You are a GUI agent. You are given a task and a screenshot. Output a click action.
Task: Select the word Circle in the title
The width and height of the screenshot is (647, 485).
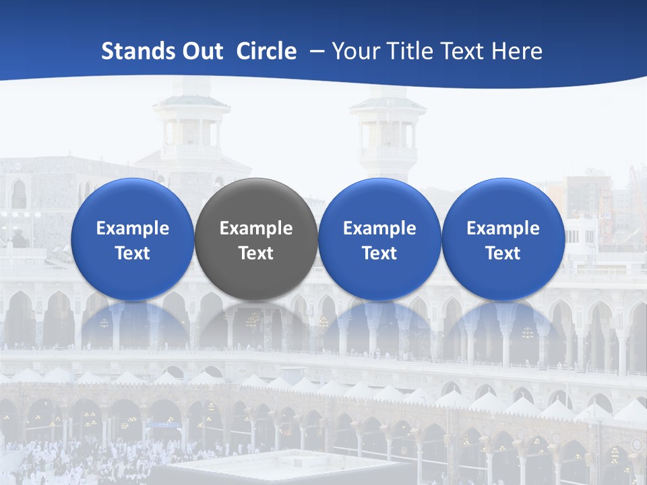266,51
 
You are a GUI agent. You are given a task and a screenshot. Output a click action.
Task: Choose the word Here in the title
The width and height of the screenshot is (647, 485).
518,51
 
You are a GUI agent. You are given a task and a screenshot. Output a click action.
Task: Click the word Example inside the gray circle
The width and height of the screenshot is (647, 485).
256,228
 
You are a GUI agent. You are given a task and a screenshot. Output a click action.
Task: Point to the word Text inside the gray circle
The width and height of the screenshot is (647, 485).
256,253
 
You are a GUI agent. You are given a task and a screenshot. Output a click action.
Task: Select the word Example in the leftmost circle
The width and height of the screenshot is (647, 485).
132,228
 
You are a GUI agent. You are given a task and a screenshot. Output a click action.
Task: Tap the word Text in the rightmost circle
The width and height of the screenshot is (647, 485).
503,253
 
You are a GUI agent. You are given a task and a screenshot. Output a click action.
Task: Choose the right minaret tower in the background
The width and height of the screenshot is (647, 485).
388,128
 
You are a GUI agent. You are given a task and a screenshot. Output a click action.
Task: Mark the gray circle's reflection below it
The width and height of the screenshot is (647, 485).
256,323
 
